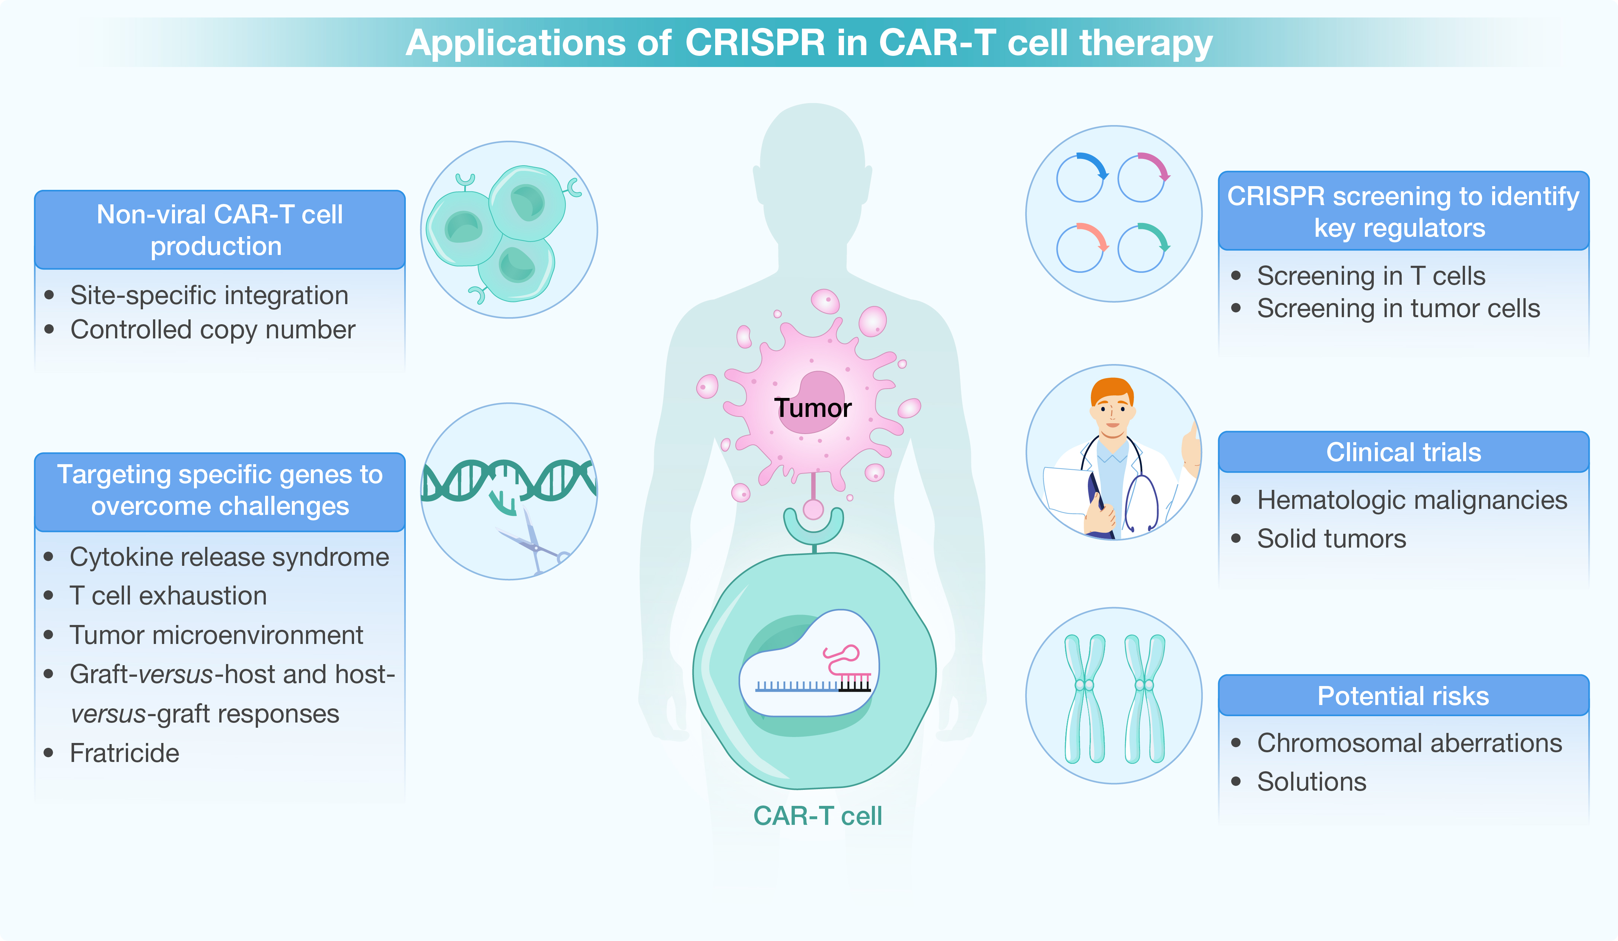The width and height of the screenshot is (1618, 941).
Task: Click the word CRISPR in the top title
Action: [x=755, y=43]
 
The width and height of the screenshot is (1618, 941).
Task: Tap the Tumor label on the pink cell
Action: [x=813, y=408]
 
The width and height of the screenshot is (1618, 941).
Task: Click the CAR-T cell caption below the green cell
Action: [x=817, y=816]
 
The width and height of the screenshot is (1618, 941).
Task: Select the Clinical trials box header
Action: [x=1404, y=453]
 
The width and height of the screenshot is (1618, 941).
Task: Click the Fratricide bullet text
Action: [x=125, y=753]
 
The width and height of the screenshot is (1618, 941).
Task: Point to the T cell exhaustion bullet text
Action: [x=168, y=596]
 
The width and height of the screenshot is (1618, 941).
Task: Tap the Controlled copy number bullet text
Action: [x=213, y=329]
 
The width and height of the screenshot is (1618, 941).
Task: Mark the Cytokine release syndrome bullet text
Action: [x=229, y=557]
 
